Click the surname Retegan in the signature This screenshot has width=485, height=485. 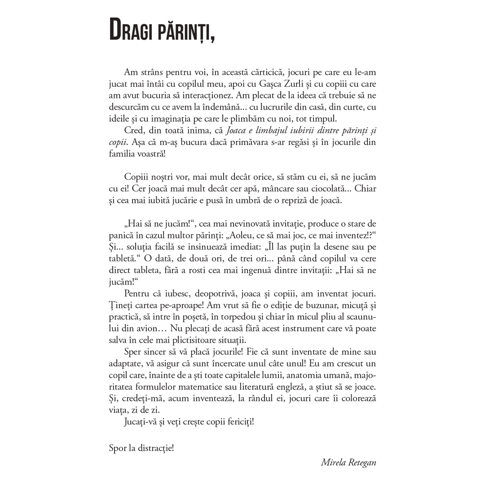coord(361,463)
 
